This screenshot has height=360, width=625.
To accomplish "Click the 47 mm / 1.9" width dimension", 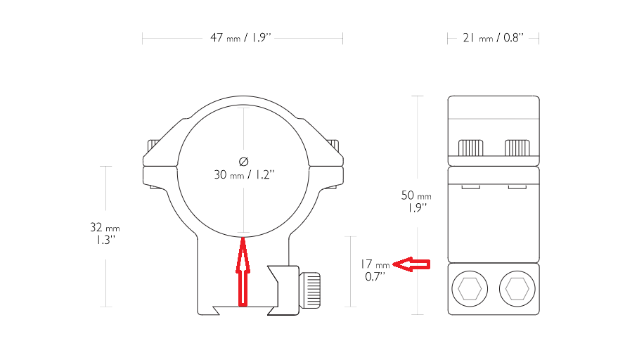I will click(x=242, y=38).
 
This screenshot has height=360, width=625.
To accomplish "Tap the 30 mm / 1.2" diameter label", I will click(x=243, y=174).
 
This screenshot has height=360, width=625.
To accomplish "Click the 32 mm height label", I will click(x=105, y=228).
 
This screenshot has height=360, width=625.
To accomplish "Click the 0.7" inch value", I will click(x=375, y=276).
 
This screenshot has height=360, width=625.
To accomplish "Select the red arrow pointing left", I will click(x=411, y=264).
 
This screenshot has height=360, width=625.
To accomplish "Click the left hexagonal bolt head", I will click(x=469, y=288).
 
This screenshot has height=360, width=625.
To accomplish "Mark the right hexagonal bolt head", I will click(x=517, y=288).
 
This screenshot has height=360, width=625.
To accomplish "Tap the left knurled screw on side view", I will click(x=470, y=148).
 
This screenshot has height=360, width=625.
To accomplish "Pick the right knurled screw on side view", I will click(x=517, y=148).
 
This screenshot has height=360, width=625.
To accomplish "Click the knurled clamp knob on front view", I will click(x=311, y=288).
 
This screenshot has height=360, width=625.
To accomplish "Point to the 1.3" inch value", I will click(x=105, y=240).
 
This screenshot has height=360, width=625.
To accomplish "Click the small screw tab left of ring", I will click(x=152, y=146).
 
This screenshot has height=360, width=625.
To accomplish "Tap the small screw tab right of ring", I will click(x=334, y=146).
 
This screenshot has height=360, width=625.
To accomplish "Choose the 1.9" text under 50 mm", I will click(x=416, y=207).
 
